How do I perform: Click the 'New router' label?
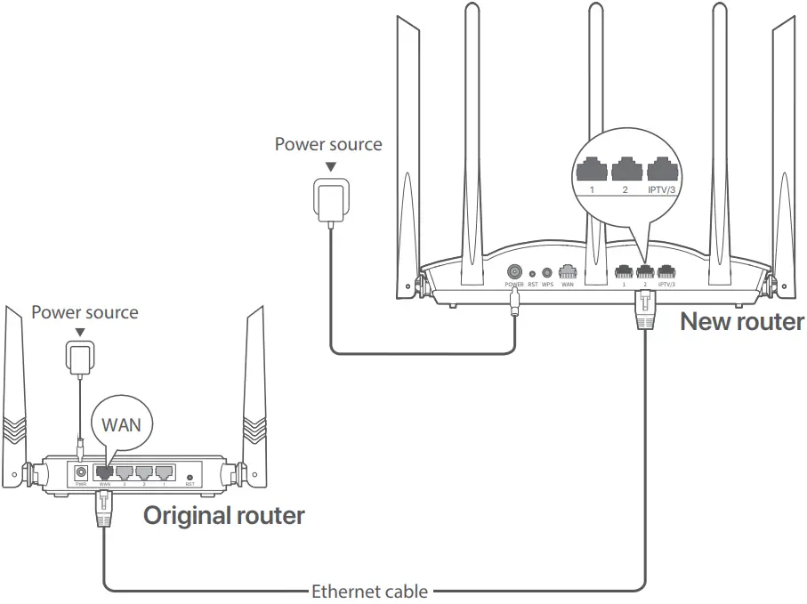[741, 321]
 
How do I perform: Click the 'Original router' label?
[224, 515]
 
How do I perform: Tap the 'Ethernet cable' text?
[369, 592]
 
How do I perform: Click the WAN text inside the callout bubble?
[121, 423]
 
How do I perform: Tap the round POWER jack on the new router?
[514, 272]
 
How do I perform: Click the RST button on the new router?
[533, 274]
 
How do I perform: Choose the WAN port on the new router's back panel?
[567, 272]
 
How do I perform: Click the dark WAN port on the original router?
[104, 472]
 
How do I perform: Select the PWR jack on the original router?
[81, 472]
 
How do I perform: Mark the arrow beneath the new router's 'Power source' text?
[331, 166]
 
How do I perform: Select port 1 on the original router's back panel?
[165, 472]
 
